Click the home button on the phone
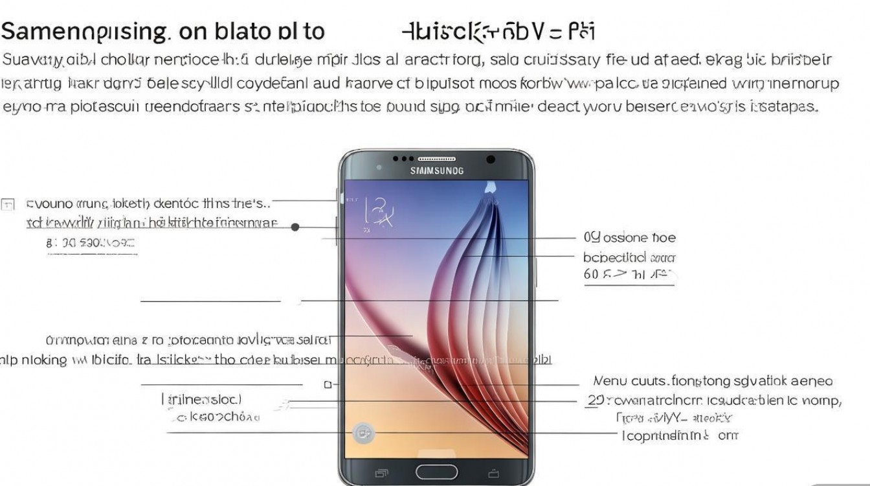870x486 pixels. click(x=436, y=471)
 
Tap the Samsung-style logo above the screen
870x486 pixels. click(x=437, y=171)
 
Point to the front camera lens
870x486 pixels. click(x=490, y=159)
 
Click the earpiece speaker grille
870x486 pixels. click(x=437, y=159)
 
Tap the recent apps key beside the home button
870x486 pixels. click(x=381, y=472)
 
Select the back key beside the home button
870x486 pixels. click(x=493, y=472)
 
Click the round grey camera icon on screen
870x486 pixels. click(x=363, y=434)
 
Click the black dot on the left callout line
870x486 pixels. click(x=295, y=227)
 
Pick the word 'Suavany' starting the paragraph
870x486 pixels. click(x=32, y=60)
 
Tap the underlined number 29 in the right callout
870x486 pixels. click(x=595, y=400)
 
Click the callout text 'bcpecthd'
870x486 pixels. click(x=615, y=257)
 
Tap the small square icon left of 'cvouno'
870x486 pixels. click(x=8, y=205)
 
